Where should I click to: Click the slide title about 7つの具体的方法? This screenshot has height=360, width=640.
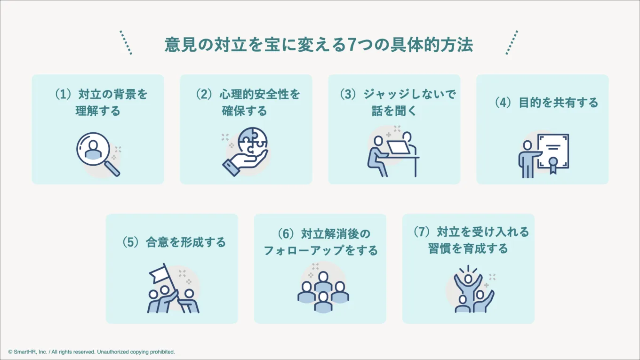click(x=319, y=45)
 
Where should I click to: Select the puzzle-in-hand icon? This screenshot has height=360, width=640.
click(x=245, y=152)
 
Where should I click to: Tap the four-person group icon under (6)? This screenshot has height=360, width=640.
click(x=323, y=291)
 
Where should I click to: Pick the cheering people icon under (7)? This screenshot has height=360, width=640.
click(x=473, y=289)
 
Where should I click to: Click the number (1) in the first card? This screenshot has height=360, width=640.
click(x=63, y=94)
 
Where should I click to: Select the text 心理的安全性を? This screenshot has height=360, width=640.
click(x=260, y=94)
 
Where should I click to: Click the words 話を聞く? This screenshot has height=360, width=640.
click(x=394, y=111)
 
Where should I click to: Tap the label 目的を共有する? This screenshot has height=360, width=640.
click(x=558, y=102)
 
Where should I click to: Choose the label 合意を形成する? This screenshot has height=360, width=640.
click(x=186, y=242)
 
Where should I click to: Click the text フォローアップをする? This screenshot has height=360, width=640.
click(x=320, y=250)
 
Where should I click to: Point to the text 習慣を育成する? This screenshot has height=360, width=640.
click(x=468, y=248)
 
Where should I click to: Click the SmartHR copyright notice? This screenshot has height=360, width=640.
click(x=91, y=352)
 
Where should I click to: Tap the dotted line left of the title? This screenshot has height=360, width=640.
click(x=126, y=42)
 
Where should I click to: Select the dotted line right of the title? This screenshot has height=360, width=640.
click(x=512, y=42)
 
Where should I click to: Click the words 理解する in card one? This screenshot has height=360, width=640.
click(x=98, y=111)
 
